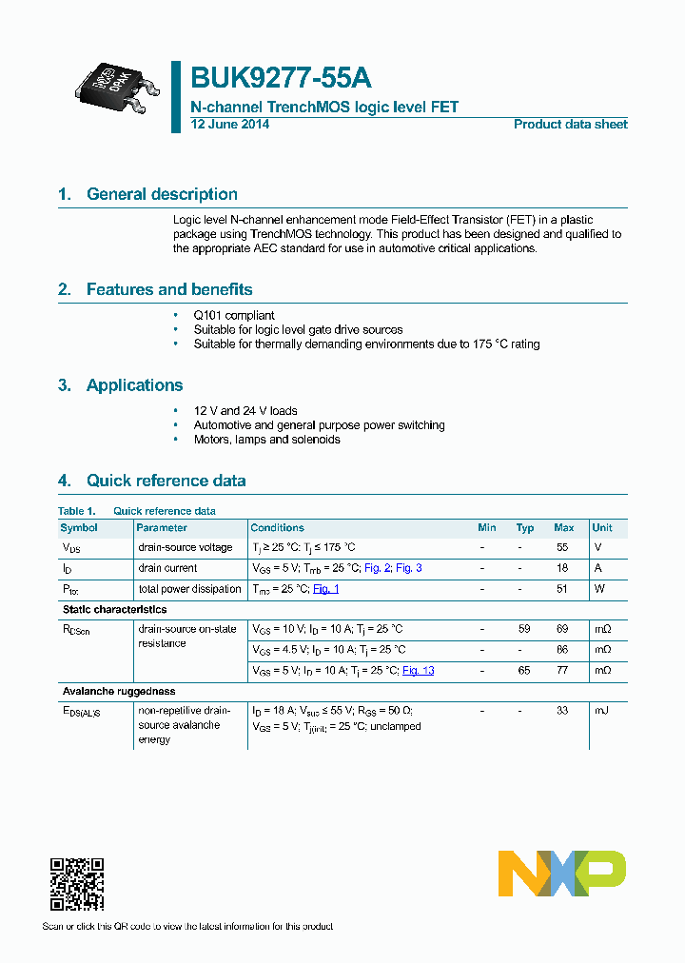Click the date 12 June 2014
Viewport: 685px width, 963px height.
(230, 125)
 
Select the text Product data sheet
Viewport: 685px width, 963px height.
(570, 125)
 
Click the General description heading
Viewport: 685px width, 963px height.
(162, 194)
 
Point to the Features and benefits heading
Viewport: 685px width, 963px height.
(169, 289)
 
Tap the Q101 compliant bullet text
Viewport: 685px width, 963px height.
(234, 315)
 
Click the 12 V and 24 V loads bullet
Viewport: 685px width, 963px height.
(245, 411)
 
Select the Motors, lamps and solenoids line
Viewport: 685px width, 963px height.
(266, 440)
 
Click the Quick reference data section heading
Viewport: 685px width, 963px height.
(166, 481)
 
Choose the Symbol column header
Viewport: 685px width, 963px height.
(79, 528)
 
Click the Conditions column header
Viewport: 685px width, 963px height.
(277, 528)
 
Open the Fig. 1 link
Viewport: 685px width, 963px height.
(326, 589)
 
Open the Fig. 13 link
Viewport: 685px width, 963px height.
(418, 671)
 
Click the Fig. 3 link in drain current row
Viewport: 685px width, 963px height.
(409, 568)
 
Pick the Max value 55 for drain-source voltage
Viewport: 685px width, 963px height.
(562, 548)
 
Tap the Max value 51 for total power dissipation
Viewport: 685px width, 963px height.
(562, 589)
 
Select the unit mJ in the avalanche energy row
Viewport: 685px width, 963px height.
(600, 711)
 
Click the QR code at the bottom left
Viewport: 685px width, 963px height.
(76, 884)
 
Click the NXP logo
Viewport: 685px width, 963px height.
(561, 874)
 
